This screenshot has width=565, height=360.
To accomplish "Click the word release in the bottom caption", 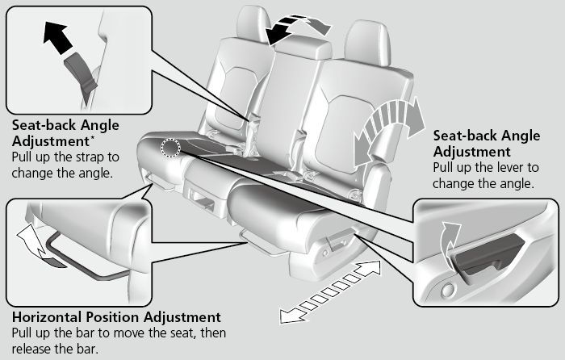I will tap(31, 348).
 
